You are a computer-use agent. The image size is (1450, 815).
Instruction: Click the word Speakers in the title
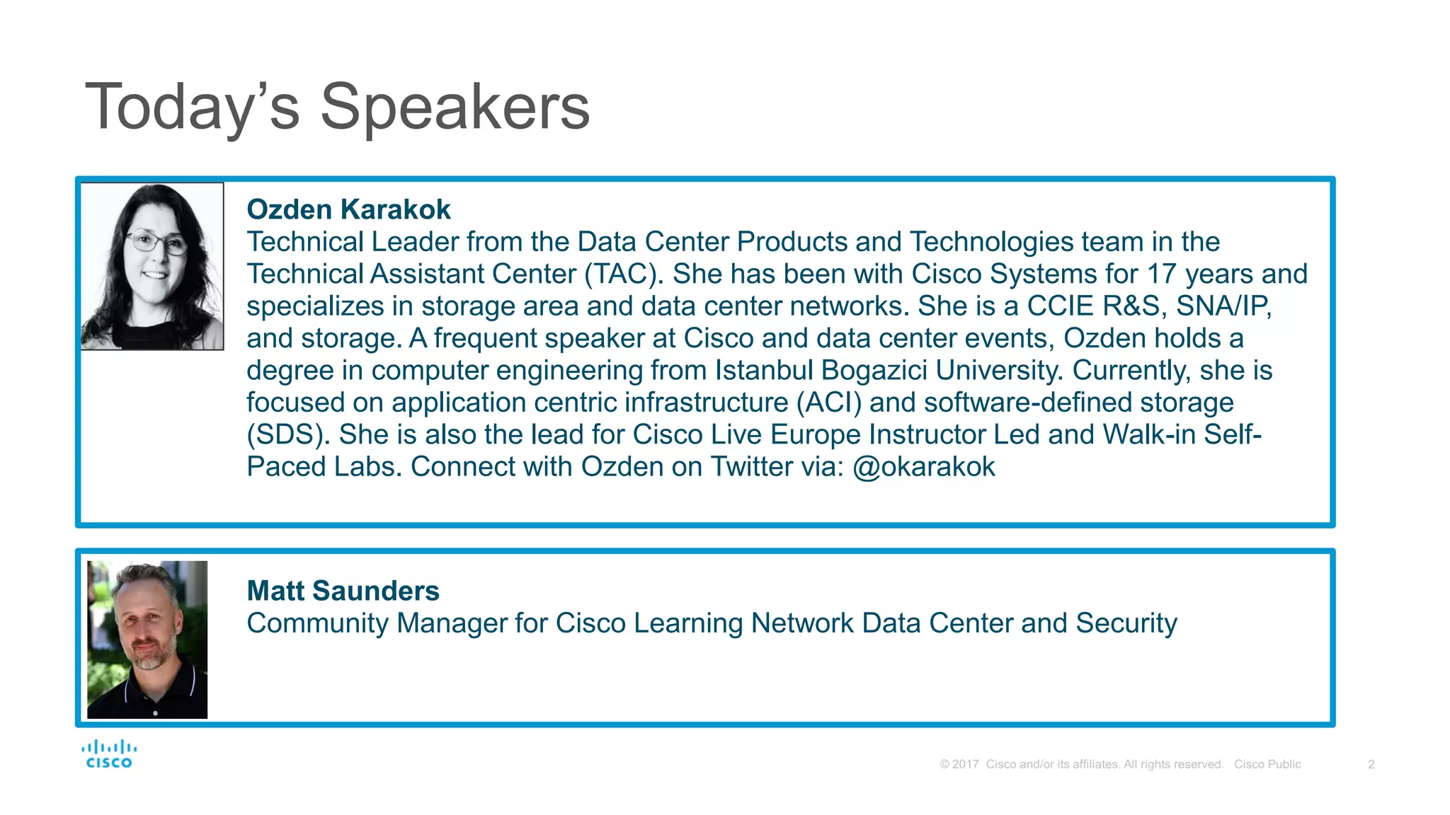click(x=455, y=108)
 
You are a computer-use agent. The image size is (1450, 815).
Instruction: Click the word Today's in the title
click(x=191, y=108)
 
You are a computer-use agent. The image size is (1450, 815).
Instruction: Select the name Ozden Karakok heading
click(x=348, y=209)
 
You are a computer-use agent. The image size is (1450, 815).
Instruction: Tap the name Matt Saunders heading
click(x=343, y=591)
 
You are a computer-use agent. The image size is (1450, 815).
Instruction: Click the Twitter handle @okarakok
click(x=924, y=467)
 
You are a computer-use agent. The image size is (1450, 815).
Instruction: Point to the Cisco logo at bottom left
click(x=109, y=754)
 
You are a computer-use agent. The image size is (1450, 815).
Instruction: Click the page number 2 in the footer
click(x=1371, y=764)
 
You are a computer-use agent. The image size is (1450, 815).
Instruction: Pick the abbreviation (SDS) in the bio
click(x=288, y=434)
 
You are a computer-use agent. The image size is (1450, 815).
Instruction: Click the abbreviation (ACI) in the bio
click(x=829, y=403)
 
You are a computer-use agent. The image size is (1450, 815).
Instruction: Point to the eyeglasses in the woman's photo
click(x=156, y=243)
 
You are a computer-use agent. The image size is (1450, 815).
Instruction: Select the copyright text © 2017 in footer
click(x=959, y=764)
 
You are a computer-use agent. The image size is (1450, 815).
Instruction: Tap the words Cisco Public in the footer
click(x=1267, y=764)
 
